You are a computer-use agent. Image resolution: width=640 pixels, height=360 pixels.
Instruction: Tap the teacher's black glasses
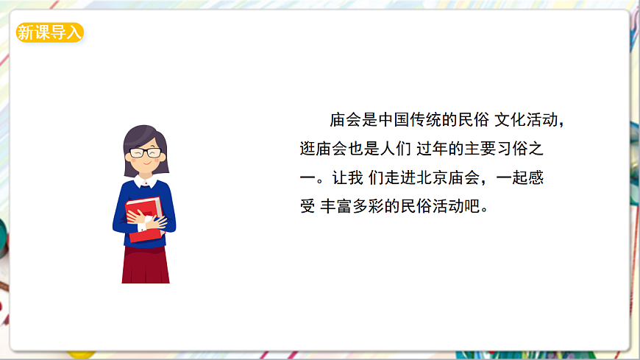point(145,152)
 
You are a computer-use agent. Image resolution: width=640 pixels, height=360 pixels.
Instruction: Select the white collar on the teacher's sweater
point(146,181)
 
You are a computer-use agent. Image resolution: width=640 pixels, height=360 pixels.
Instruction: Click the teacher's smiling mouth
point(146,166)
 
